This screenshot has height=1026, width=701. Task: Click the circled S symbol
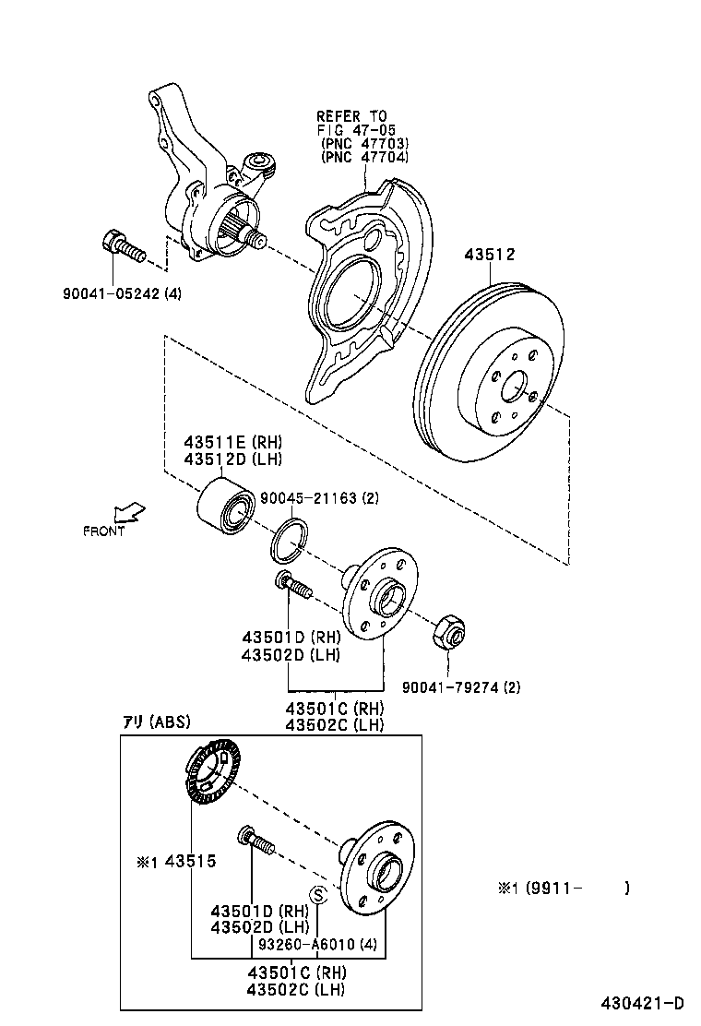pos(318,894)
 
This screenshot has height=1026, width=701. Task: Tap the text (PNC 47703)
pos(363,143)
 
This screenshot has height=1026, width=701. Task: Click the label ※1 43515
pos(175,861)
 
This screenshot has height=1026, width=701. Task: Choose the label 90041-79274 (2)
pos(461,686)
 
